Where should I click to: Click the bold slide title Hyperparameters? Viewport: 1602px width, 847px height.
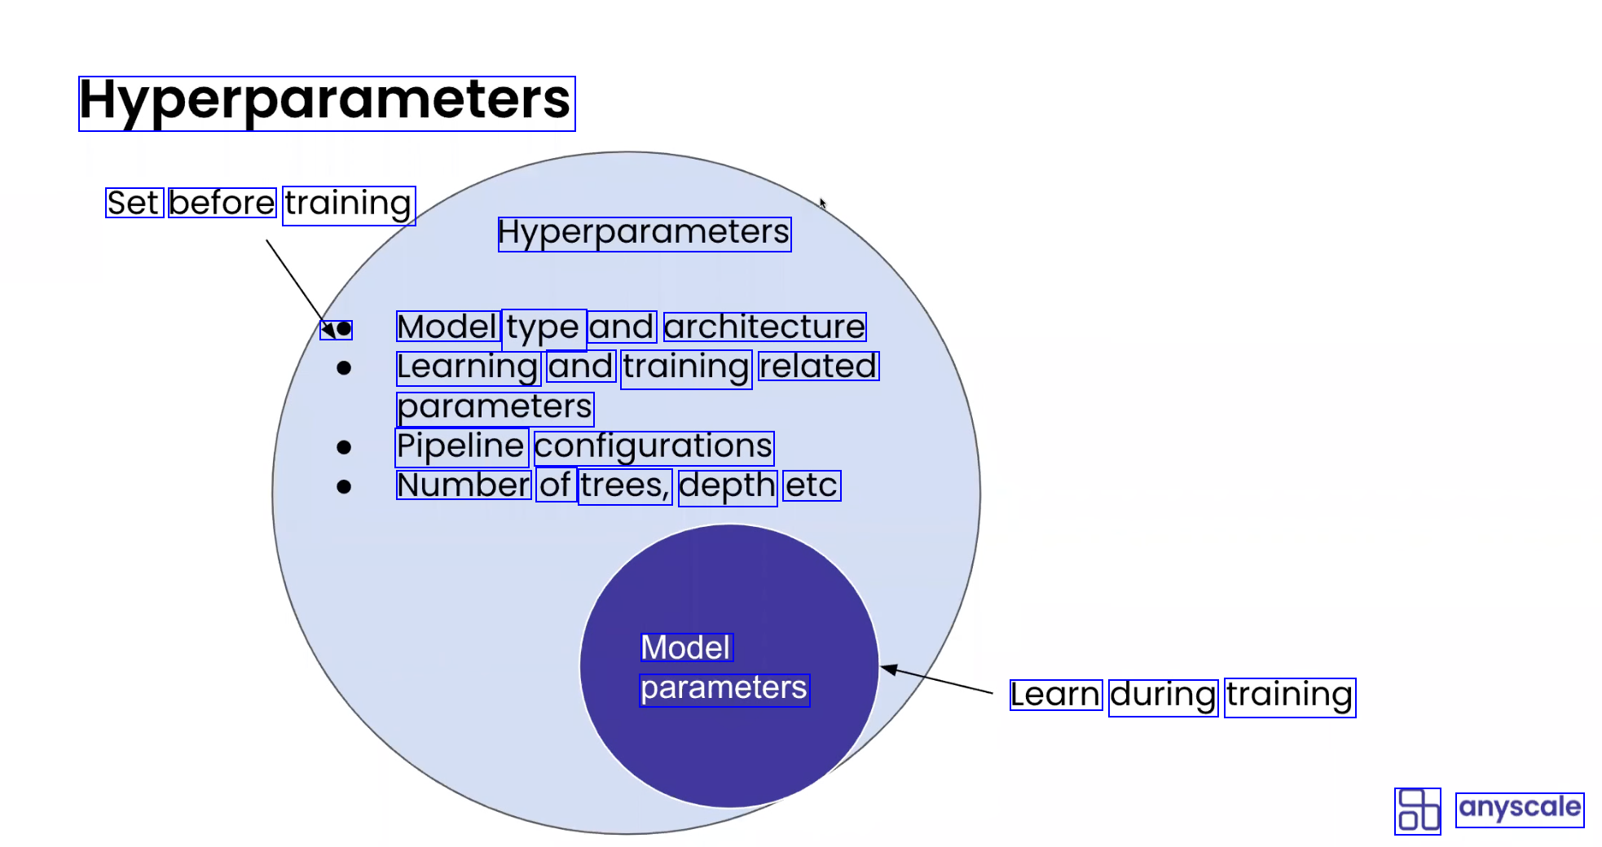click(326, 103)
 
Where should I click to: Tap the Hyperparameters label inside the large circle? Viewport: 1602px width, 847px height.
click(644, 233)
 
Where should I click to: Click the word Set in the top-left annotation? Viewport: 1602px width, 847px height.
click(134, 203)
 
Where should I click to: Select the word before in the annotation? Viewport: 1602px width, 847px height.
click(222, 203)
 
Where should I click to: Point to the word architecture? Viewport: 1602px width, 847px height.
click(764, 327)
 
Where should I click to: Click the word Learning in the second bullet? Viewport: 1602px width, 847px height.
click(468, 367)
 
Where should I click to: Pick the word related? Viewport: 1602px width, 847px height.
click(818, 366)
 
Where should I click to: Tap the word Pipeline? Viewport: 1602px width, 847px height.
click(461, 446)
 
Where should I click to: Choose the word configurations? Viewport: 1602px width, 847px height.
click(654, 446)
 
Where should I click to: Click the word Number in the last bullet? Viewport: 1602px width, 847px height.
click(464, 485)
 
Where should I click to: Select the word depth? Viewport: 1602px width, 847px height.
click(727, 486)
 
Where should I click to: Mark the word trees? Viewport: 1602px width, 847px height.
click(624, 486)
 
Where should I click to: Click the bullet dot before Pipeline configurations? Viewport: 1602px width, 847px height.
click(344, 447)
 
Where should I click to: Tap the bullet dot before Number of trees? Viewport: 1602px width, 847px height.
click(344, 487)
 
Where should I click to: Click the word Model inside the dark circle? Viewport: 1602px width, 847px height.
click(686, 647)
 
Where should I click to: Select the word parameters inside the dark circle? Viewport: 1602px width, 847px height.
click(724, 688)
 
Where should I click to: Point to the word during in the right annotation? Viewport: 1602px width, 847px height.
click(1163, 696)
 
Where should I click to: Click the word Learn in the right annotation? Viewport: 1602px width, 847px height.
click(1055, 695)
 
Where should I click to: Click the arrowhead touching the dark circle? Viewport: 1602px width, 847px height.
click(890, 669)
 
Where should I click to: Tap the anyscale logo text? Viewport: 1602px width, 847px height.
click(1519, 808)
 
